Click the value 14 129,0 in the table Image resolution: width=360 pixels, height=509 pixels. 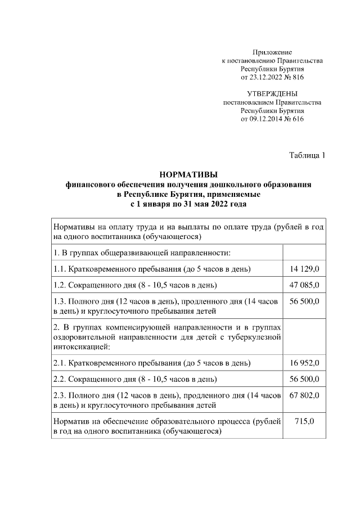(304, 268)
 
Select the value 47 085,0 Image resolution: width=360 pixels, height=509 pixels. (304, 285)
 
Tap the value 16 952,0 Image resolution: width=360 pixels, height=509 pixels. (304, 363)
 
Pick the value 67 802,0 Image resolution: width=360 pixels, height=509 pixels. (304, 395)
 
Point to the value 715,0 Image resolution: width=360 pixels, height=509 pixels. (304, 421)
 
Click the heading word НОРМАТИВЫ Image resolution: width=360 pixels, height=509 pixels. (188, 174)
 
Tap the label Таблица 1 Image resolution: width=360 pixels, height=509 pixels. (307, 155)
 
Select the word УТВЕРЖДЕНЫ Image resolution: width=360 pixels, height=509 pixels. (272, 93)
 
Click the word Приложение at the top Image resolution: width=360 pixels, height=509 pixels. (272, 52)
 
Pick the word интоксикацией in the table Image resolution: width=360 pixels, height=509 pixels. (78, 347)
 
